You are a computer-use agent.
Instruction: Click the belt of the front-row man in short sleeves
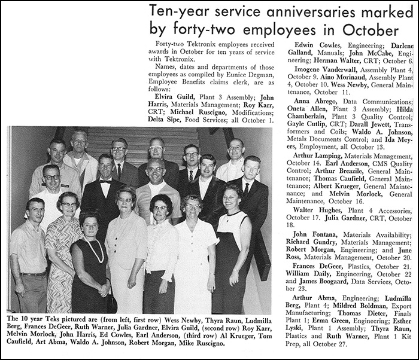[x=33, y=274]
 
